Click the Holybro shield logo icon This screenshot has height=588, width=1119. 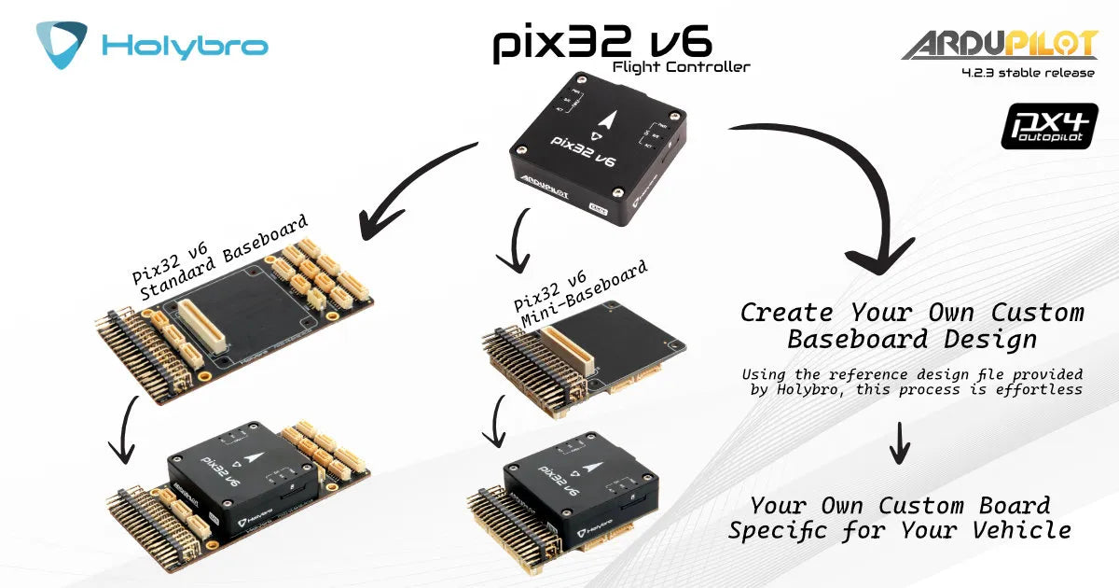click(62, 44)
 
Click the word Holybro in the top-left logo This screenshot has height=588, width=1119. click(185, 46)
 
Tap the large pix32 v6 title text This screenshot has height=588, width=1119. click(602, 43)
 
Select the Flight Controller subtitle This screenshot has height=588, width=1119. click(681, 66)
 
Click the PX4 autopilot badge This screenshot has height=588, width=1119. click(1036, 127)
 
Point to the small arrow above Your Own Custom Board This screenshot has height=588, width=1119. click(898, 442)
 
